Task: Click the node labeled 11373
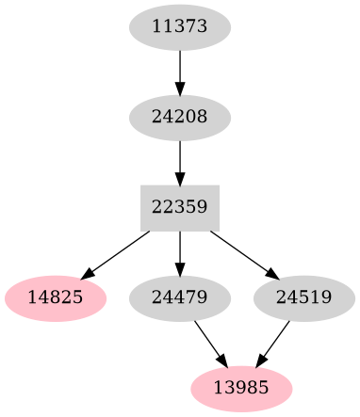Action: tap(180, 27)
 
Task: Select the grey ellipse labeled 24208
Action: tap(180, 118)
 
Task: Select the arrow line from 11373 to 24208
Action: tap(180, 68)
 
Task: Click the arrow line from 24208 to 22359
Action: tap(180, 158)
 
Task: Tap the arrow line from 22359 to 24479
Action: tap(180, 249)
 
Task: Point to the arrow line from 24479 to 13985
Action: tap(209, 342)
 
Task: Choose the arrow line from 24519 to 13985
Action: tap(275, 342)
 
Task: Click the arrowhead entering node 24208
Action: tap(180, 88)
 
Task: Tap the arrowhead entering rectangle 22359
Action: tap(180, 178)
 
